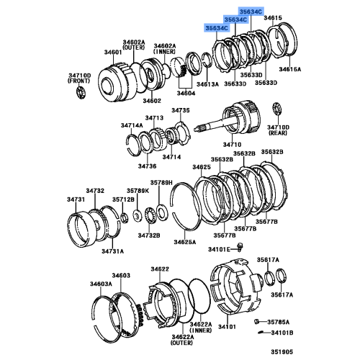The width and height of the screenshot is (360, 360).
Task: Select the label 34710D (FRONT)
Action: [x=79, y=78]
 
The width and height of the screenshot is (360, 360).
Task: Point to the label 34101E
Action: [x=219, y=249]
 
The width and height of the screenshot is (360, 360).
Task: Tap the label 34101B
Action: [x=282, y=333]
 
